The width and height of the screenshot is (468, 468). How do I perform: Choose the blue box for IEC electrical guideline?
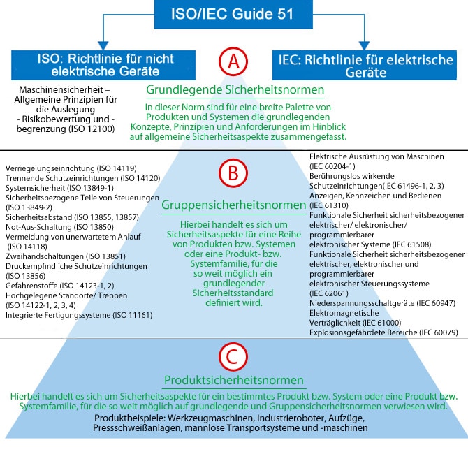coord(364,65)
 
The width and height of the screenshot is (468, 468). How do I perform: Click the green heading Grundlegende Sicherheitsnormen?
coord(235,90)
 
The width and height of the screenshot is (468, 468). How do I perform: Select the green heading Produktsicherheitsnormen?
coord(234,381)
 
